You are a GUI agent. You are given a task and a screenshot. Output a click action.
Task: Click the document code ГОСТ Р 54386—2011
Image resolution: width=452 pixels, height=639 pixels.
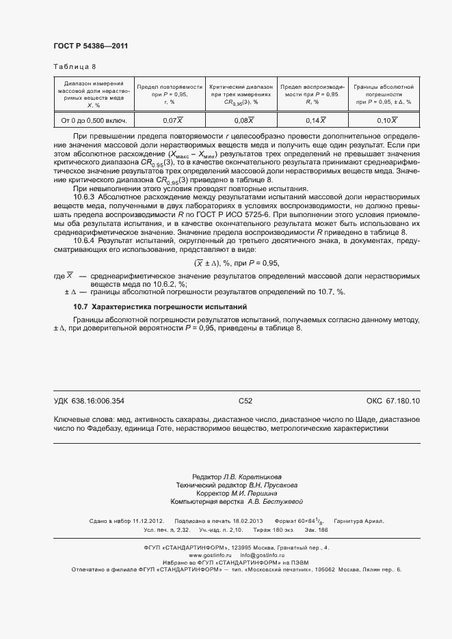click(x=90, y=46)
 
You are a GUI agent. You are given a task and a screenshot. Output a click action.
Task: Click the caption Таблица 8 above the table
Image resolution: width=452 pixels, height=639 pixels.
click(x=75, y=67)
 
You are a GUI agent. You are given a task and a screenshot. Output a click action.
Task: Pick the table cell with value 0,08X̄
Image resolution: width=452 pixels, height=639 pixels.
click(x=244, y=121)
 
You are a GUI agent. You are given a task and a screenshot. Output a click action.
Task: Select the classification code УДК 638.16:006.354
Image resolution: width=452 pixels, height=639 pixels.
click(x=89, y=401)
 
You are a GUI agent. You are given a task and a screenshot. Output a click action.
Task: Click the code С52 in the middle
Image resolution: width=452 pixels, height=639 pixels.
click(x=245, y=401)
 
